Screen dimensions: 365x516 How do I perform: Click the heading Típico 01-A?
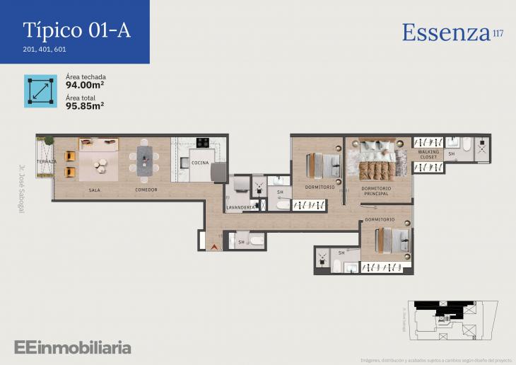pos(76,30)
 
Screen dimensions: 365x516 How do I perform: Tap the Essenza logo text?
pos(446,33)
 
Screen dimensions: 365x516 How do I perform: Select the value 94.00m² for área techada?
pos(85,88)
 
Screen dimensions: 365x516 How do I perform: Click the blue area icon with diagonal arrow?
pos(40,91)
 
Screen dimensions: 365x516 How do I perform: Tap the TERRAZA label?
pos(46,162)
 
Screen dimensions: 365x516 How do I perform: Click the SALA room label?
pos(95,190)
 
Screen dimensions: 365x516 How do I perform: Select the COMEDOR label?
pos(146,190)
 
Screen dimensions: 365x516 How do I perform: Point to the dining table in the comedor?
pos(144,161)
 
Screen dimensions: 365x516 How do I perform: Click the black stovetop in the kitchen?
pos(203,142)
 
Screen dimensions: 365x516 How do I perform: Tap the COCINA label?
pos(200,163)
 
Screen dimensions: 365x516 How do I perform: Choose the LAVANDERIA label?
pos(241,207)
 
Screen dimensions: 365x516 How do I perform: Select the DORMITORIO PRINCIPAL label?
pos(375,190)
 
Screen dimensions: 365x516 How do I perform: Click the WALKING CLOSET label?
pos(428,155)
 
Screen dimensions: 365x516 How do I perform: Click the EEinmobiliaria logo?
pos(72,347)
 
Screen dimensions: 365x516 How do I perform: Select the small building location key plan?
pos(450,318)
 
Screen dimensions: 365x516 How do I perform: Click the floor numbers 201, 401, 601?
pos(45,50)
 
